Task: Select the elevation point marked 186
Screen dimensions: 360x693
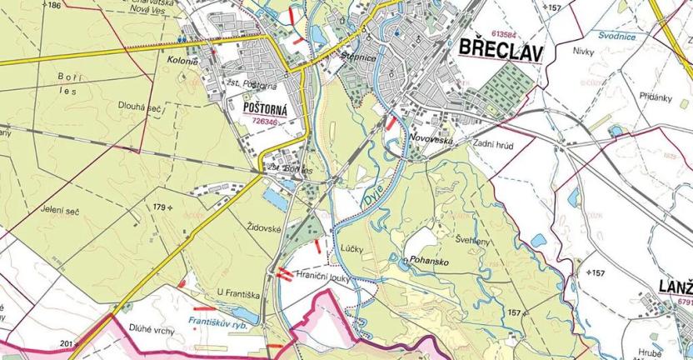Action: pos(53,5)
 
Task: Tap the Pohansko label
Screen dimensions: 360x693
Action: pos(429,261)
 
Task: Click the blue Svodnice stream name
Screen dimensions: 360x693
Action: pos(616,36)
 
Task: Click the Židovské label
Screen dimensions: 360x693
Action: pos(267,227)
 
